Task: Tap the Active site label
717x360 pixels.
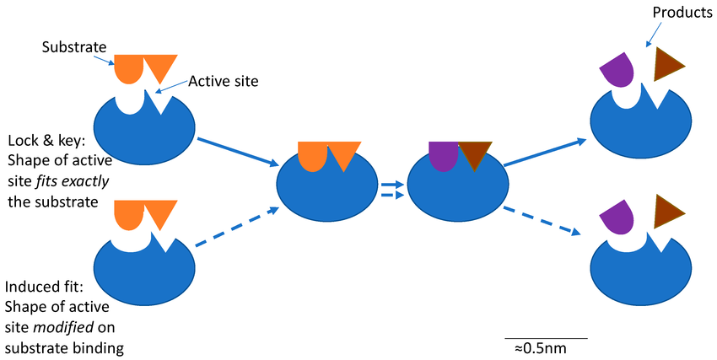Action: (223, 81)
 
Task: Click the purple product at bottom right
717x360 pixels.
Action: (619, 217)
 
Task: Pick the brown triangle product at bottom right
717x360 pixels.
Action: (667, 210)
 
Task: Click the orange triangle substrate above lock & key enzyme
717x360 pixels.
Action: (159, 66)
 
